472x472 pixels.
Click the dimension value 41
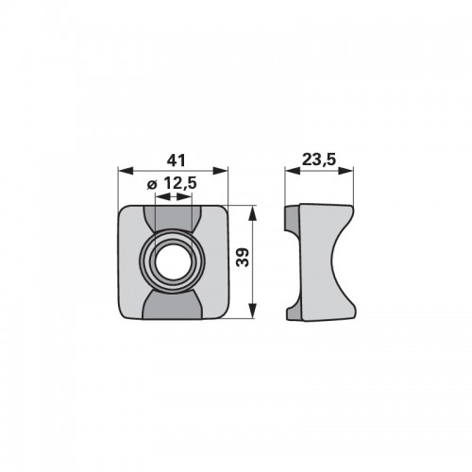point(176,160)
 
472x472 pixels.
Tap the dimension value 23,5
point(319,160)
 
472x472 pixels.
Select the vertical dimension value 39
point(243,258)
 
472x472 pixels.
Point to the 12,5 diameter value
point(180,183)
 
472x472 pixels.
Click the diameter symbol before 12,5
point(152,185)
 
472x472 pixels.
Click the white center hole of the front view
point(173,262)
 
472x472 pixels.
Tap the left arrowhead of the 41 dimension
point(126,171)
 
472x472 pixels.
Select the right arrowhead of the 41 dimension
point(220,171)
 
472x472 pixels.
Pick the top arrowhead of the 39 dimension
point(252,213)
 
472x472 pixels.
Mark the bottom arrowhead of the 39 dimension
point(252,311)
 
